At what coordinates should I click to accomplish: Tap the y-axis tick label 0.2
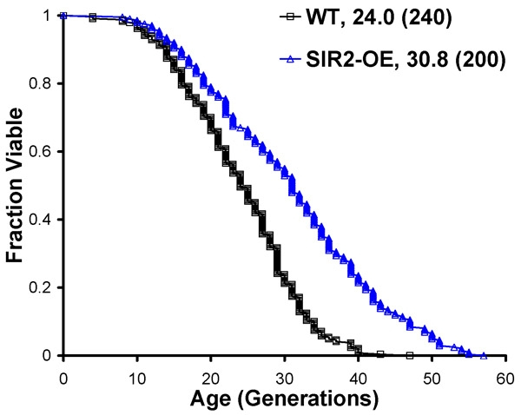[x=41, y=287]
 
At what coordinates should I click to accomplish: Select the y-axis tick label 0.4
[x=41, y=220]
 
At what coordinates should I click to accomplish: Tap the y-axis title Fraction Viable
[x=15, y=185]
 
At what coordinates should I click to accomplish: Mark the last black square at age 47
[x=410, y=355]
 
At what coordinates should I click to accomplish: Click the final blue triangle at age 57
[x=484, y=355]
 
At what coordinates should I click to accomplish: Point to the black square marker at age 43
[x=380, y=353]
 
